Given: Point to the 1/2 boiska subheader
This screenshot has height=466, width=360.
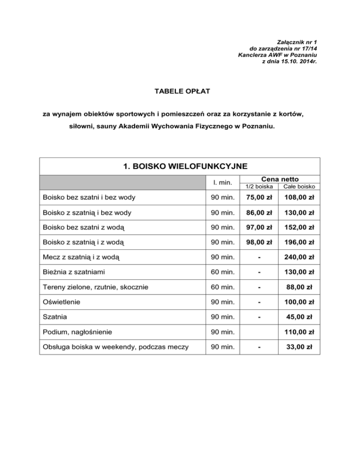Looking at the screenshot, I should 259,186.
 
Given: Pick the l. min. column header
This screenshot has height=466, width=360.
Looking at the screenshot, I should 221,182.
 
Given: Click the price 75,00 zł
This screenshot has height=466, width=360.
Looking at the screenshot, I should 259,197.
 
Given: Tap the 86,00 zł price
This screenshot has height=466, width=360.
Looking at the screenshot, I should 259,212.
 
